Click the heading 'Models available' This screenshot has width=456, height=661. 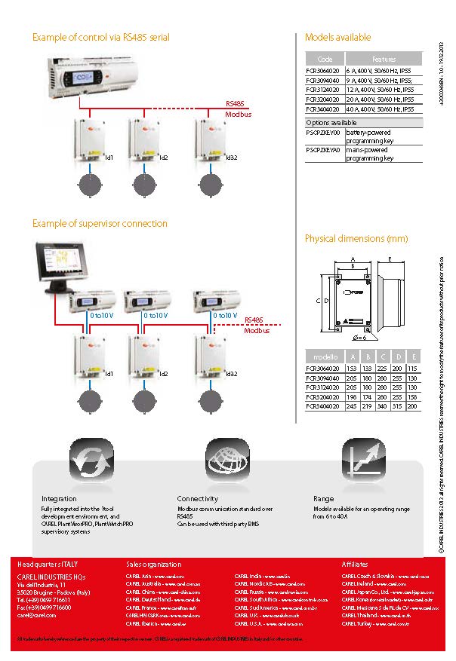[x=337, y=37]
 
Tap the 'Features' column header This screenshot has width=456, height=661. [x=384, y=59]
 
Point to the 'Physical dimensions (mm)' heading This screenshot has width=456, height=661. [x=356, y=239]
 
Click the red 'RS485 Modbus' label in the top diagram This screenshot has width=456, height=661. [x=239, y=109]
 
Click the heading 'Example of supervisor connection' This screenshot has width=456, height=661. [x=100, y=224]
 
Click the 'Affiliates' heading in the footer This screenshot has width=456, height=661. [x=355, y=564]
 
